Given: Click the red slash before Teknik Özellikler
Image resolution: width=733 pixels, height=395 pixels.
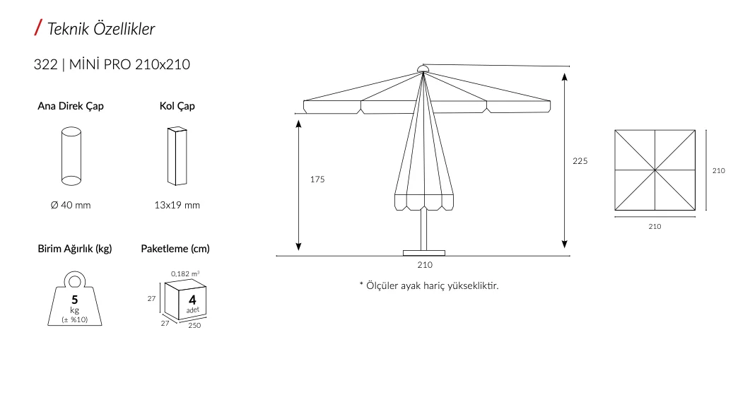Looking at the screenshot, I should [37, 28].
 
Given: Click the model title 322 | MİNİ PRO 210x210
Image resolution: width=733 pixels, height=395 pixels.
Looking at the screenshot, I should [112, 64].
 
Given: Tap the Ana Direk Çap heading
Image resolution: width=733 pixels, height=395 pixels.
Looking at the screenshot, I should [71, 107].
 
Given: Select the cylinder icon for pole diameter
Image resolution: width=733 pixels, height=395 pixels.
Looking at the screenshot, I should [71, 155].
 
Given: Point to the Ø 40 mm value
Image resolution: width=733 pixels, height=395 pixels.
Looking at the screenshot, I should [71, 206].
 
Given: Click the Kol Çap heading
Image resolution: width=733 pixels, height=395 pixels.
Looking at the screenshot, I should [177, 107].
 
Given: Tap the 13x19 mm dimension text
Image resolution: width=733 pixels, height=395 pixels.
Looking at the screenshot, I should [177, 206].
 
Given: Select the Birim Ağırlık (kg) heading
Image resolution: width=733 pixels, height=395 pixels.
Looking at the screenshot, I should [75, 249].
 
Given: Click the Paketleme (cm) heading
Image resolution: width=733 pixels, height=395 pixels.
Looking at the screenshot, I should [175, 249].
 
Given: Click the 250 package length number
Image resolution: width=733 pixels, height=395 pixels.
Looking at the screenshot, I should [194, 326].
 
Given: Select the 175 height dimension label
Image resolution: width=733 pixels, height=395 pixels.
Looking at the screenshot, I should [317, 179].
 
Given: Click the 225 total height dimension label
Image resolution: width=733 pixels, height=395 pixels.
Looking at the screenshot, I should [580, 161].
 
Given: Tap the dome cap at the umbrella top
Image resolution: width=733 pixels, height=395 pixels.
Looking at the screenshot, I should [423, 69].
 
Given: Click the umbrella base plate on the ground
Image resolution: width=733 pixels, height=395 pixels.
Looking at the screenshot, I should [424, 252].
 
